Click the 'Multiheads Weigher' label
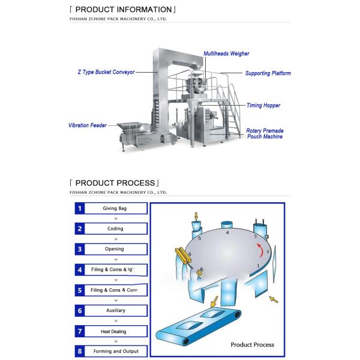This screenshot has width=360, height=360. click(x=226, y=53)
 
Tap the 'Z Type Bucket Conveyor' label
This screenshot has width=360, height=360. click(x=106, y=71)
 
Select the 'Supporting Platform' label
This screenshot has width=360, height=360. click(x=268, y=73)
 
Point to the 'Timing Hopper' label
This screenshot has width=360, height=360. click(x=263, y=105)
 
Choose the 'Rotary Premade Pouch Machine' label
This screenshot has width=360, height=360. click(x=265, y=133)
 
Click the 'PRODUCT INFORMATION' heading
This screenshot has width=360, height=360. click(x=123, y=10)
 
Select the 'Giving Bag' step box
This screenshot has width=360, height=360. click(x=115, y=208)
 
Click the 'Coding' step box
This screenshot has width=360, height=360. click(x=115, y=229)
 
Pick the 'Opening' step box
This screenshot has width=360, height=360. click(x=115, y=249)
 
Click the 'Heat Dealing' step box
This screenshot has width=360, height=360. click(x=114, y=331)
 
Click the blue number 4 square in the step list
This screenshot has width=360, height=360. click(x=79, y=270)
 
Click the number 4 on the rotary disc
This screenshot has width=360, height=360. click(x=227, y=232)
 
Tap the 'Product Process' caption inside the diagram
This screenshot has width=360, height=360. click(x=253, y=344)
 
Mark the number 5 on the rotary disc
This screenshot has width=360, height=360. click(x=199, y=238)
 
